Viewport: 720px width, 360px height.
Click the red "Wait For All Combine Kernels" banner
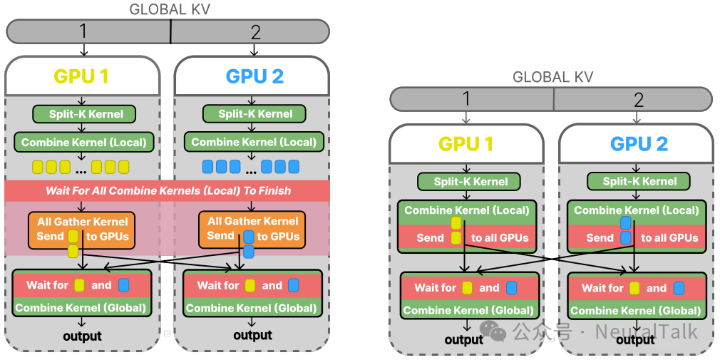point(168,190)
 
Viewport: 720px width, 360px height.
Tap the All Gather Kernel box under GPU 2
point(252,228)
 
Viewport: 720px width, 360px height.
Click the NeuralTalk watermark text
point(647,331)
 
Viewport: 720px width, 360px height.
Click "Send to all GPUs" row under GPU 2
point(636,237)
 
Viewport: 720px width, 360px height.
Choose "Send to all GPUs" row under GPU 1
point(466,237)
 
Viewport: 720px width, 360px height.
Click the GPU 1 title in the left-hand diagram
point(81,76)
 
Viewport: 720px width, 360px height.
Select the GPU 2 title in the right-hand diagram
point(639,144)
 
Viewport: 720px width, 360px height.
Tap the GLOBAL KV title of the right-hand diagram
point(552,77)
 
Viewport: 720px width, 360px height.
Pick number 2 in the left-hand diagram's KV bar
point(255,32)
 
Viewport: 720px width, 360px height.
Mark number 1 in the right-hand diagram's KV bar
point(466,99)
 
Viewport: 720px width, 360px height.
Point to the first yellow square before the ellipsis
point(38,167)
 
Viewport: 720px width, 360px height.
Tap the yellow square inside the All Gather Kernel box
point(73,236)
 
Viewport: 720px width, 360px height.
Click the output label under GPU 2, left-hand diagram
point(252,335)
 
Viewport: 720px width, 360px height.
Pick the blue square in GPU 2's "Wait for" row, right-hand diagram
point(679,288)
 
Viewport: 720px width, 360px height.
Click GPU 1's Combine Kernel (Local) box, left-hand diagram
point(83,142)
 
